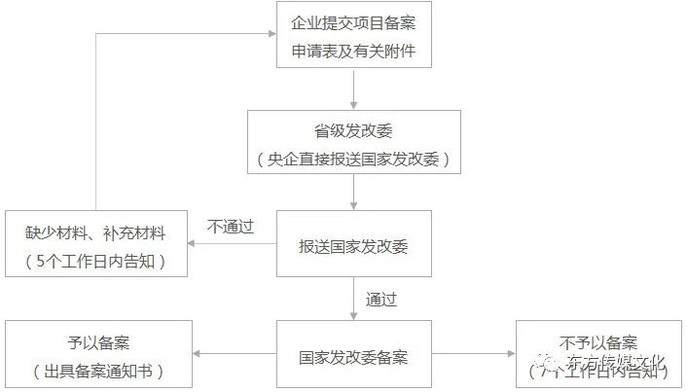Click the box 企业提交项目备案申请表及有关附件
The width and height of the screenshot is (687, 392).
[x=353, y=36]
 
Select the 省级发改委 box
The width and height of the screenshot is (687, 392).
[x=353, y=142]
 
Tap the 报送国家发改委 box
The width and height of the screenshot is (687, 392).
[x=353, y=244]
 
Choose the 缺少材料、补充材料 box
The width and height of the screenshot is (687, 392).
[x=95, y=244]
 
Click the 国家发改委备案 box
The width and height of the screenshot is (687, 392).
[x=353, y=354]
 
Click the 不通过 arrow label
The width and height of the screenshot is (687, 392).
[x=231, y=227]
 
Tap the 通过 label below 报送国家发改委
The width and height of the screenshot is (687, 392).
[x=380, y=298]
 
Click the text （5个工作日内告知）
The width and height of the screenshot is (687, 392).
[x=95, y=261]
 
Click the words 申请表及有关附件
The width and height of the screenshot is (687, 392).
[x=353, y=51]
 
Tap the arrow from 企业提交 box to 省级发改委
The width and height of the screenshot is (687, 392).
[x=353, y=89]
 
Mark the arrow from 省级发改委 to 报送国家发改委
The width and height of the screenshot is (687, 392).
[x=353, y=193]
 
